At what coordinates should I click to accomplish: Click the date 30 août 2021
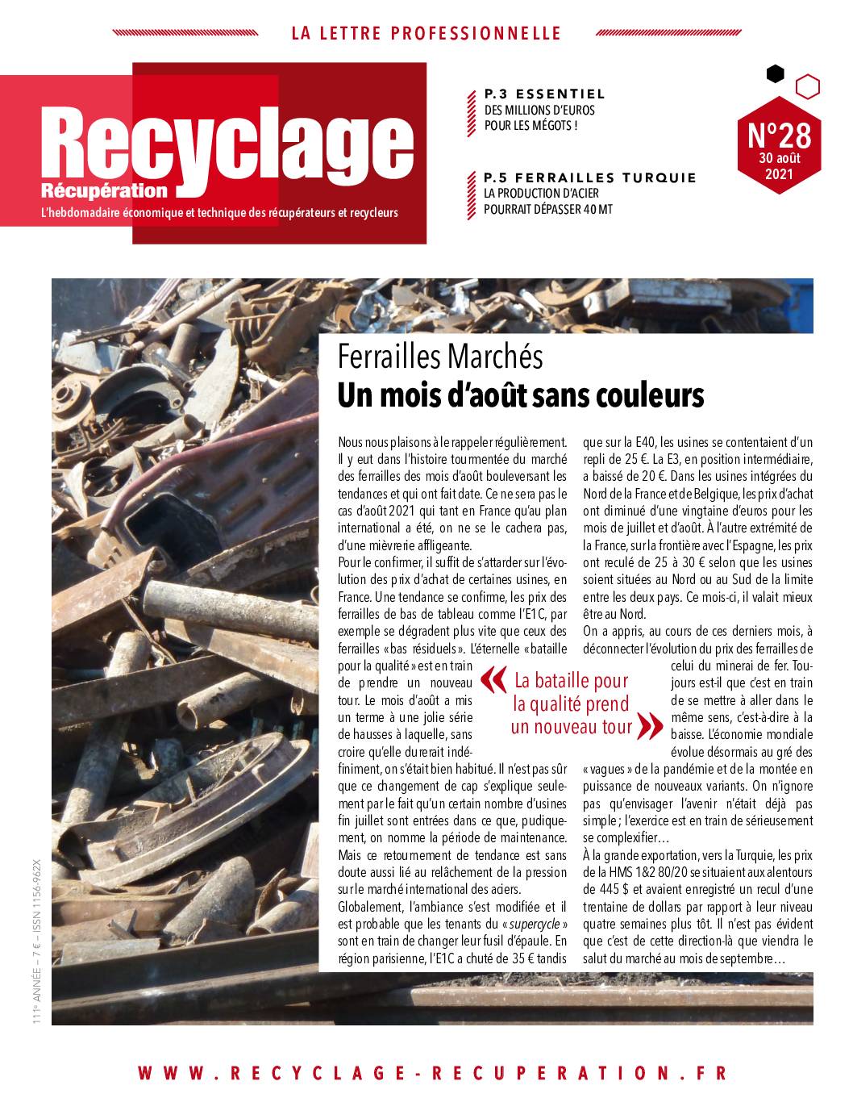pyautogui.click(x=779, y=165)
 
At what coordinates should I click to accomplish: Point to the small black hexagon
pyautogui.click(x=775, y=74)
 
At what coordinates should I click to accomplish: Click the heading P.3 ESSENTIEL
pyautogui.click(x=544, y=94)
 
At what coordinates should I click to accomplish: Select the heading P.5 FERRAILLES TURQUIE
pyautogui.click(x=589, y=177)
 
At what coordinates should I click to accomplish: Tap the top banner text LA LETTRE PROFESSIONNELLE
pyautogui.click(x=426, y=33)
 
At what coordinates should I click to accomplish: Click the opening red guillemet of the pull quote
pyautogui.click(x=494, y=679)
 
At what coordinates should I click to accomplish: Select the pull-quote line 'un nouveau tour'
pyautogui.click(x=572, y=726)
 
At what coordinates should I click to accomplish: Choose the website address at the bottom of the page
pyautogui.click(x=433, y=1073)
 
